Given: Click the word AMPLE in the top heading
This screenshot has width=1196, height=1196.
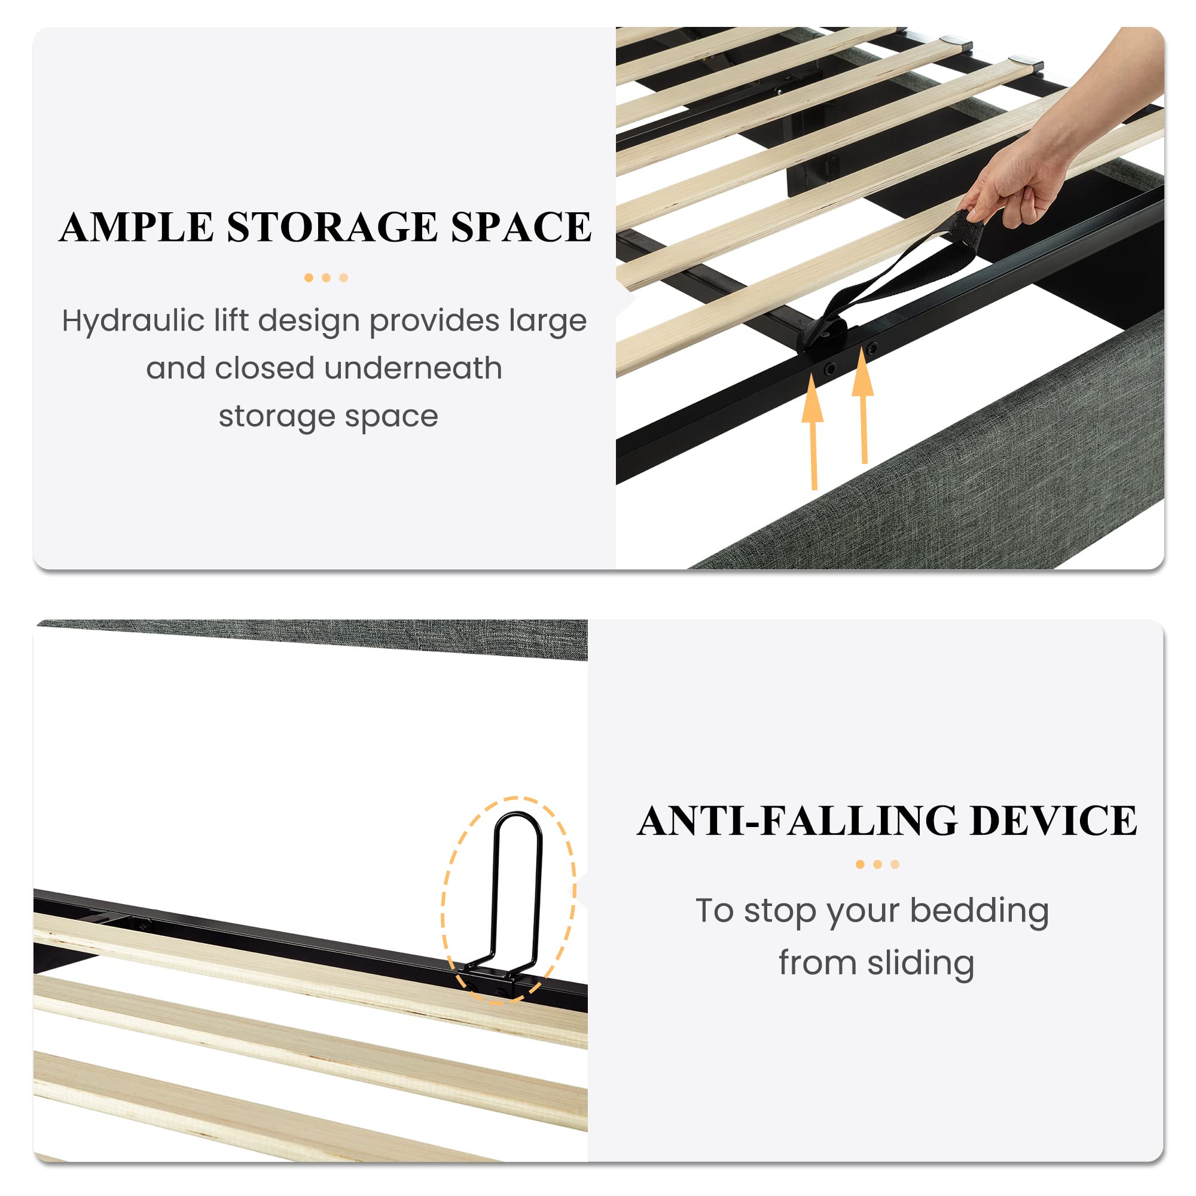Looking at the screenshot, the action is pos(137,227).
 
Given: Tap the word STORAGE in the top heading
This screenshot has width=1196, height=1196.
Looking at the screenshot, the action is pos(332,227).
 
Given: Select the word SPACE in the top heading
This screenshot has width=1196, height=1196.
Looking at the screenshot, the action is pos(521,227).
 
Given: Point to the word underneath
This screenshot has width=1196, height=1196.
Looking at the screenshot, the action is pos(413,368).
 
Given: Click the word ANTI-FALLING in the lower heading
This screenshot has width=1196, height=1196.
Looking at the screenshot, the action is pos(798,822).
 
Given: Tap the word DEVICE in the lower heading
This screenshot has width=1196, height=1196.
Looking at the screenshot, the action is pos(1054,822).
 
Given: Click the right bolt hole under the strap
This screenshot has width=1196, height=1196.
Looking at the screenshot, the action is pos(872,349).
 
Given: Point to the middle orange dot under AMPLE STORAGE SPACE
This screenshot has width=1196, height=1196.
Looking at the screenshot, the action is pos(327,278).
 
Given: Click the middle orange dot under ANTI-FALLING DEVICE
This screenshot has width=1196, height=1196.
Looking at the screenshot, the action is pos(877,865).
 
